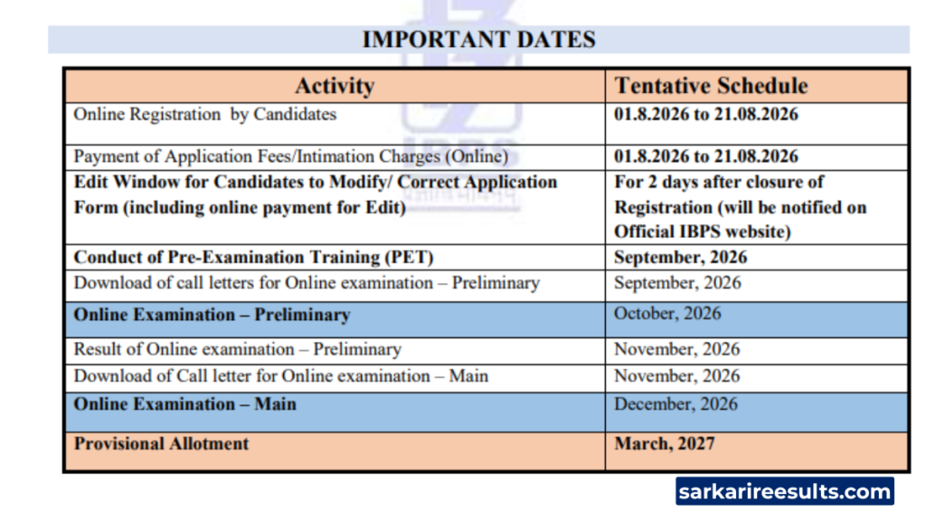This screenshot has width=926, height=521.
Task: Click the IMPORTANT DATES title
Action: pos(478,40)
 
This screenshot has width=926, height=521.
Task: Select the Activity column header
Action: pos(335,86)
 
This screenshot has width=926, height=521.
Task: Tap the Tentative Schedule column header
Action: pos(711,86)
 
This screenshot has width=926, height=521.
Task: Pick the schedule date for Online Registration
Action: pos(706,114)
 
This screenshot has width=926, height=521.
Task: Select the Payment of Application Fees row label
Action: pos(290,156)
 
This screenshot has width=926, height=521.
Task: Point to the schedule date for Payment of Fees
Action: pos(706,156)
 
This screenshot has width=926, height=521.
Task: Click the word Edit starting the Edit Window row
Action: pos(91,182)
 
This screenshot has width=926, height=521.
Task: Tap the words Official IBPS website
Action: pos(702,232)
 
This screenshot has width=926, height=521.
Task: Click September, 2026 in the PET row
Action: pos(680,258)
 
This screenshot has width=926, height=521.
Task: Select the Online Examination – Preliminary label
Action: pos(212,315)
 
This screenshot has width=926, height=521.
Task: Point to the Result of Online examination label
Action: pos(238,350)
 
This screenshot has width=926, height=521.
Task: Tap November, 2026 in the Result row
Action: pos(676,350)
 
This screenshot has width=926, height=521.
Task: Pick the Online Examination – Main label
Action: pos(184,404)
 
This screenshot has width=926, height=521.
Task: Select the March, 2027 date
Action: pos(665,443)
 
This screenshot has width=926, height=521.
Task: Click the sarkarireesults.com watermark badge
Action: pos(785,491)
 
